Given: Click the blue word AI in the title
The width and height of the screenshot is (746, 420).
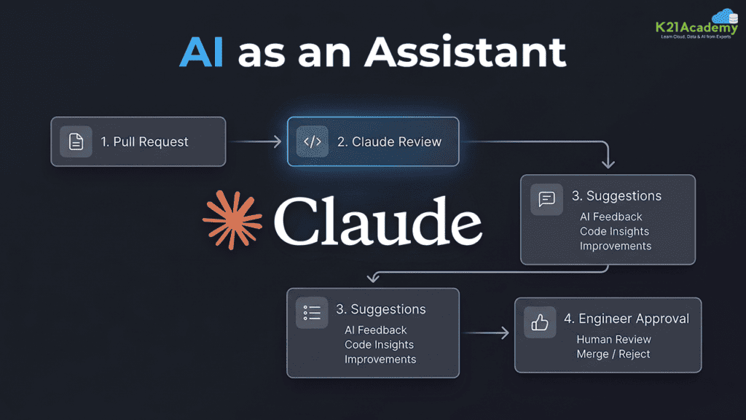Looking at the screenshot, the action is (x=201, y=52).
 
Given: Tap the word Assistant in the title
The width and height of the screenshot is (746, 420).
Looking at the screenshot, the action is (x=466, y=51).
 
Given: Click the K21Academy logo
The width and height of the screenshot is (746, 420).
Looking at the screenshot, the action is (x=697, y=24).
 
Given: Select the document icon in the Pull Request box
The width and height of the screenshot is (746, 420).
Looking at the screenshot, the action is (x=76, y=141).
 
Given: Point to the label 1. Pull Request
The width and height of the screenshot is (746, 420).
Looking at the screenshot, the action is (x=144, y=142).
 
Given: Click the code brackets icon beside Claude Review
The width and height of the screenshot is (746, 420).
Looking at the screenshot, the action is (x=312, y=141).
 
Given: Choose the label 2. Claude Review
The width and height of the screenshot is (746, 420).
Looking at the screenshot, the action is (x=389, y=142).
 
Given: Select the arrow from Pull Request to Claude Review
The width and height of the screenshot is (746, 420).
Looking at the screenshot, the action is (x=256, y=141).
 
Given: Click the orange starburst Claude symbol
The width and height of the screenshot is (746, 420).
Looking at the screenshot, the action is (x=232, y=220).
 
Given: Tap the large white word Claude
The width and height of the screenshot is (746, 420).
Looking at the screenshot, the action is (x=378, y=222).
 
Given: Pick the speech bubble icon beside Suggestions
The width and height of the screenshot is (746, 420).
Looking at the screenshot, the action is (x=546, y=199).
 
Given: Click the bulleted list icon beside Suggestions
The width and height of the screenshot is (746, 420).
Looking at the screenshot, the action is (x=312, y=313).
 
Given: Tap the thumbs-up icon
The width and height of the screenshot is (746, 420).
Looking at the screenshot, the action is (x=540, y=322).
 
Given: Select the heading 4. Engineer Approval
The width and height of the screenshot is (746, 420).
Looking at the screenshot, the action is (x=626, y=319).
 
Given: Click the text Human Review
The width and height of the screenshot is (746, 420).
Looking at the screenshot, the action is (x=613, y=340).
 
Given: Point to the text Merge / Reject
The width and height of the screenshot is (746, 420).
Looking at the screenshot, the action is (x=613, y=354).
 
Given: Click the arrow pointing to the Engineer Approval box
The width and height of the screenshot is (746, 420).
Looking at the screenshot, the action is (x=485, y=332).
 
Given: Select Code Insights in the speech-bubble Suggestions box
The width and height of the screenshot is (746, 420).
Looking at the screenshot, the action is (x=614, y=231).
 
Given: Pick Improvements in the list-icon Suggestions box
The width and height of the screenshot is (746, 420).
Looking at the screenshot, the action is (x=380, y=359).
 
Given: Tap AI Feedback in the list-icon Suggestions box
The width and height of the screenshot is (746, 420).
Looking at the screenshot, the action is (x=375, y=330).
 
